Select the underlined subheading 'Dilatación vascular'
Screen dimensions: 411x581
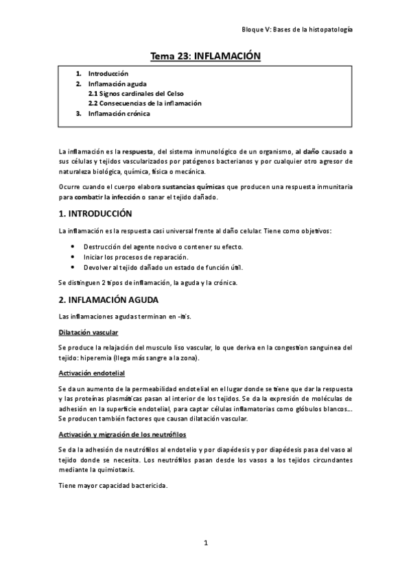pos(89,332)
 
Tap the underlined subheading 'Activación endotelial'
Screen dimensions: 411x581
pos(92,373)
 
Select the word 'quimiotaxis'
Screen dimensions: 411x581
pos(126,470)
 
